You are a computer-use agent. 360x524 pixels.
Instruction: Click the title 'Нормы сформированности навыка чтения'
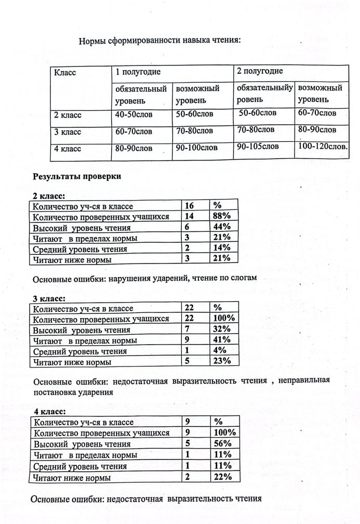160,42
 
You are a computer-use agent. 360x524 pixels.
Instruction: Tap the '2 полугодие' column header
260,71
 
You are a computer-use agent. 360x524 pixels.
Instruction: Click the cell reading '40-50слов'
134,113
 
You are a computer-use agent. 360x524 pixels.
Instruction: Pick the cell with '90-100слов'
194,148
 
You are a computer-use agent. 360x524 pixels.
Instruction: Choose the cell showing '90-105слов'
258,147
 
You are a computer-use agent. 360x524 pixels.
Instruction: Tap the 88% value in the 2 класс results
222,216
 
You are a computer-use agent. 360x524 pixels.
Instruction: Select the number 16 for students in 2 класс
190,206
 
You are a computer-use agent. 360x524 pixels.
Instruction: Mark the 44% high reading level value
222,227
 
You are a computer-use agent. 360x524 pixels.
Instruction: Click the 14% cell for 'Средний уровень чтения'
222,247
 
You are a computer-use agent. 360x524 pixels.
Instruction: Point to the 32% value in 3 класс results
222,330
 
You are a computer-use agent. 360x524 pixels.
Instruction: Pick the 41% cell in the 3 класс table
222,340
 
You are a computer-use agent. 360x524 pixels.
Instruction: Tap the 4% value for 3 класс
219,350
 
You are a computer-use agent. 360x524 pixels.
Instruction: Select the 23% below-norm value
222,361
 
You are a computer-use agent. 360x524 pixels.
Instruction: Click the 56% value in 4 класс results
222,443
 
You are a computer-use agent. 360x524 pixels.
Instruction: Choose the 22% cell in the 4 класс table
222,476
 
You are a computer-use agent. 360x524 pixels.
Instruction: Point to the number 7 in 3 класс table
188,330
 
